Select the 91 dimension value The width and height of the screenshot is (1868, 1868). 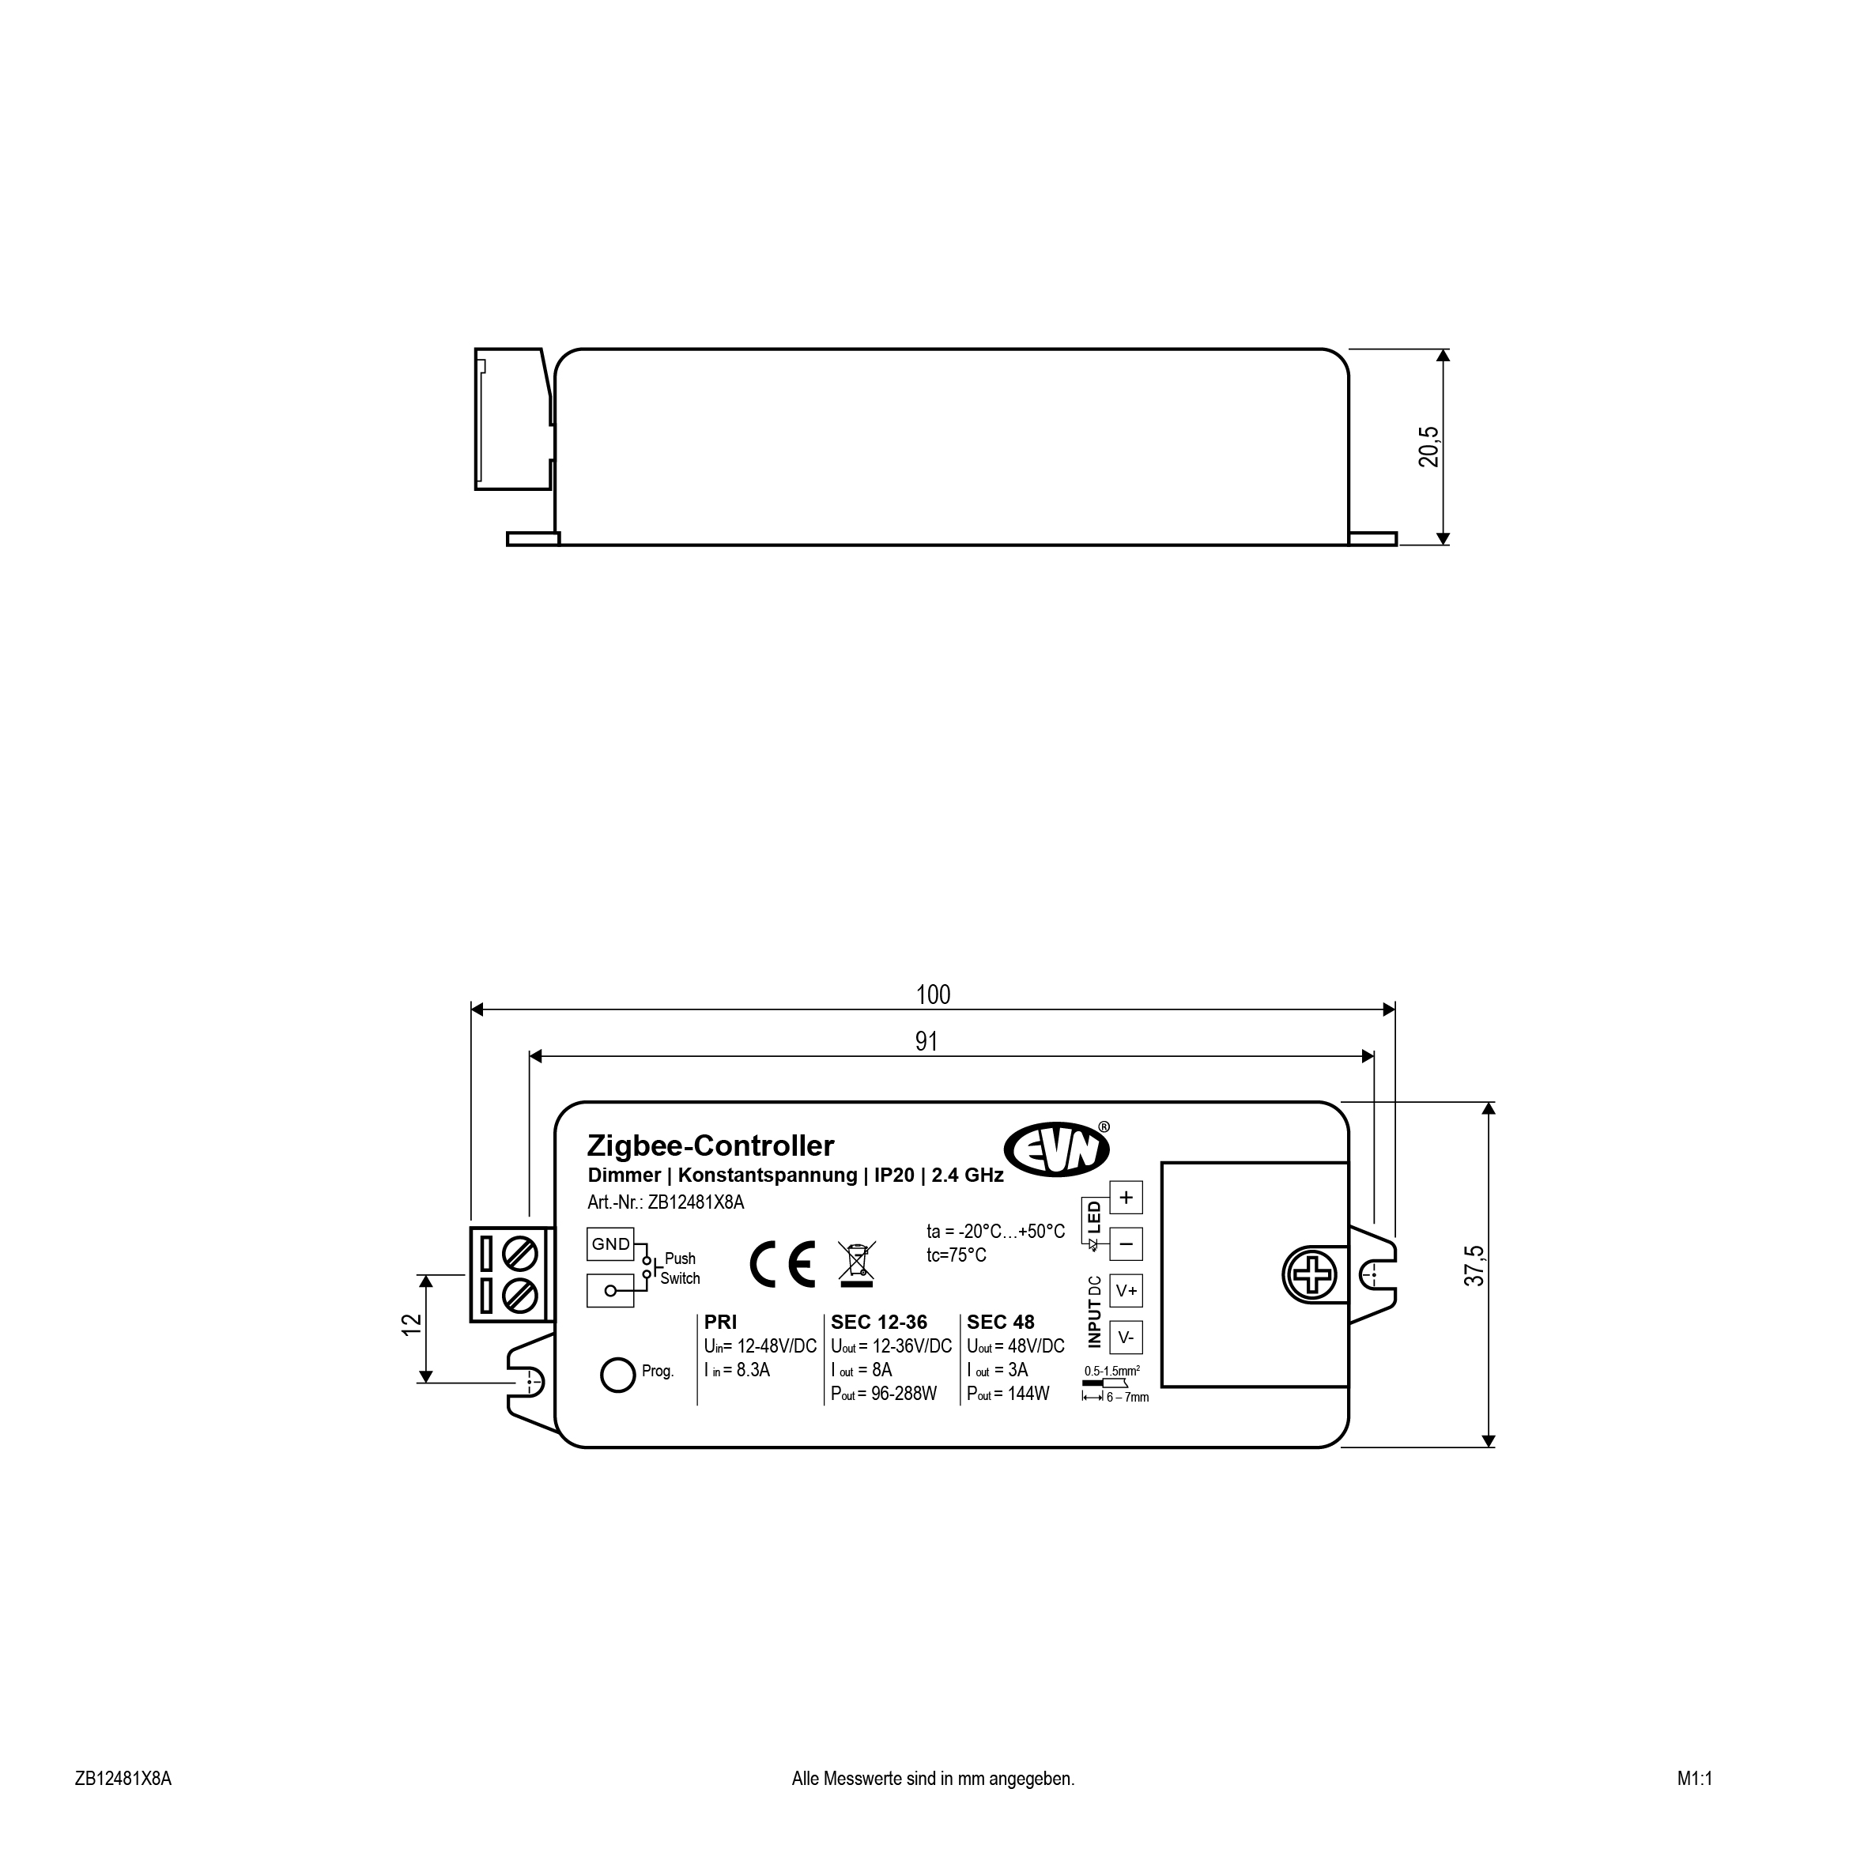click(x=926, y=1041)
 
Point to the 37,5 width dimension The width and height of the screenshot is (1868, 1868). click(x=1474, y=1266)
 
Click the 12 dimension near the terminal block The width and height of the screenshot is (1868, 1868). click(x=412, y=1325)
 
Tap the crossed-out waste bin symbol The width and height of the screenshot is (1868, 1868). click(x=858, y=1265)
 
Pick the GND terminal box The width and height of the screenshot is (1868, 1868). click(x=610, y=1244)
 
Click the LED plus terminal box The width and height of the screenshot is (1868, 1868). click(x=1126, y=1198)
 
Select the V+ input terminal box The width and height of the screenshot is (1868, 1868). click(x=1126, y=1291)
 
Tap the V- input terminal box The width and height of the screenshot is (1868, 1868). click(x=1126, y=1338)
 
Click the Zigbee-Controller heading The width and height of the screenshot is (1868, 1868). click(x=711, y=1145)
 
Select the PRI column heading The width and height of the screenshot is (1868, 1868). click(x=720, y=1323)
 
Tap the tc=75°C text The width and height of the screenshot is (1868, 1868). click(x=957, y=1256)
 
